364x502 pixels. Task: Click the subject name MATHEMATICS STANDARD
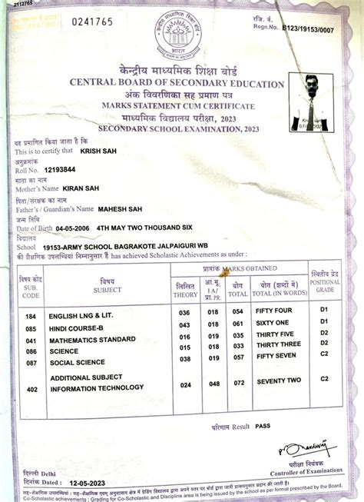[92, 339]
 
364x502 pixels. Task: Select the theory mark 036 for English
[184, 312]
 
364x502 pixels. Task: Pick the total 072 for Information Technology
[239, 381]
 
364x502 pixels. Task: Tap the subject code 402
[31, 389]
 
